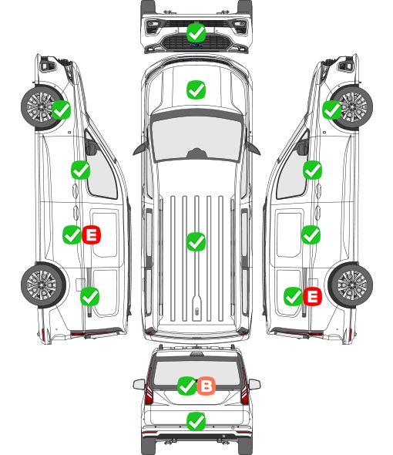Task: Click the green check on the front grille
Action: [x=196, y=33]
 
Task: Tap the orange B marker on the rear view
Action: [x=207, y=386]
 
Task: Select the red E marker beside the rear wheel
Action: [x=312, y=297]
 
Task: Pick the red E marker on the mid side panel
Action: [x=92, y=234]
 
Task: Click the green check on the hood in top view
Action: [x=196, y=89]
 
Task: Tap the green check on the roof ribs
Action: [x=196, y=241]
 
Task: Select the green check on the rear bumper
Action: [x=196, y=421]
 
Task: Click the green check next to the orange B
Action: [x=186, y=386]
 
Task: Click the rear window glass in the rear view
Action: [x=196, y=373]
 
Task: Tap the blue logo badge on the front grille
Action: [x=196, y=45]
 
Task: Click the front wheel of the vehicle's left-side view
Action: [x=42, y=107]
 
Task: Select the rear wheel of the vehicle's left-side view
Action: [x=43, y=285]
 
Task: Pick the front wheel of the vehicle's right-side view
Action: [x=351, y=107]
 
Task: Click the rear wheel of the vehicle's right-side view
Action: [x=351, y=285]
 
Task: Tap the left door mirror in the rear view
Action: [x=139, y=385]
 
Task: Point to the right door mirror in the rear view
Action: [x=254, y=385]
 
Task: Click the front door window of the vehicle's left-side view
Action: [x=102, y=171]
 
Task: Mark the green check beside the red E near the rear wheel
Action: [x=294, y=297]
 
